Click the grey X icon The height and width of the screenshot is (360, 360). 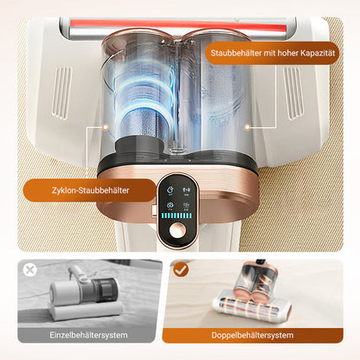29,270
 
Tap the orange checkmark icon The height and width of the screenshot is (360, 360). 179,270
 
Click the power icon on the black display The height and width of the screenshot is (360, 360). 170,187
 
